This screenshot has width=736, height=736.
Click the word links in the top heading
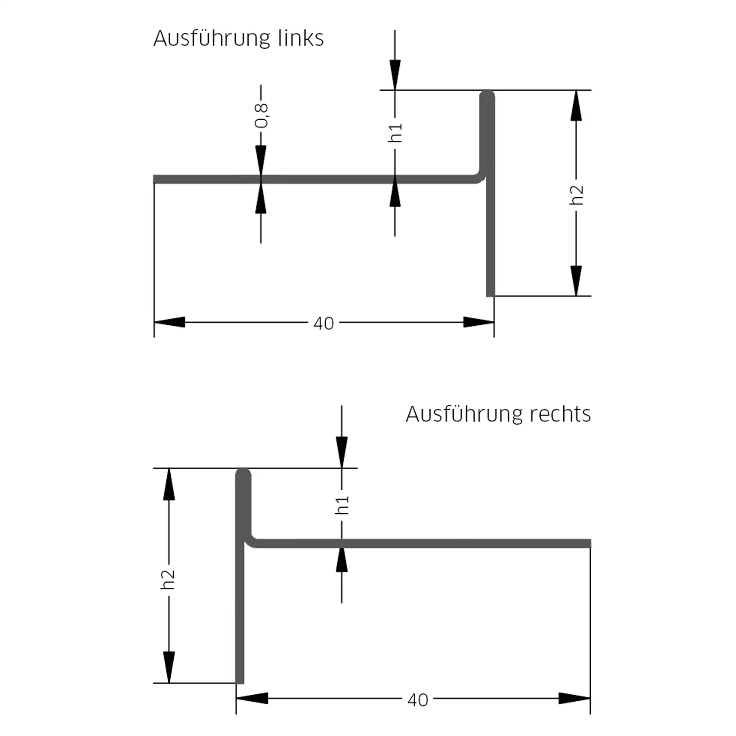(x=300, y=38)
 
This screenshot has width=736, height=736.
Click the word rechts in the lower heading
(x=560, y=414)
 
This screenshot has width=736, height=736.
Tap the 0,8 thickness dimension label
(x=262, y=116)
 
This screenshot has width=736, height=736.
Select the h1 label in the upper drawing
(x=395, y=132)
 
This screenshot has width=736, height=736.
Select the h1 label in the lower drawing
(x=342, y=505)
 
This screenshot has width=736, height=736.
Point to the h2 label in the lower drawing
(x=168, y=579)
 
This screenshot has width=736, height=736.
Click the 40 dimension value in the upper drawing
(x=323, y=323)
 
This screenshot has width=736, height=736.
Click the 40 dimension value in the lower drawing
(x=418, y=700)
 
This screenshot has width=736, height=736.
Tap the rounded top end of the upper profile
(x=487, y=95)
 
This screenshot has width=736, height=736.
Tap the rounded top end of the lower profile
(x=243, y=473)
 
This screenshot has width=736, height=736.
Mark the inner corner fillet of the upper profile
(x=480, y=177)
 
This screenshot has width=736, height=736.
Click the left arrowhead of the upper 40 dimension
(x=169, y=322)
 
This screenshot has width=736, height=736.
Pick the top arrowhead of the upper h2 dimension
(x=576, y=105)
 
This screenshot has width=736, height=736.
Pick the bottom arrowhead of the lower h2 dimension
(x=168, y=668)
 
